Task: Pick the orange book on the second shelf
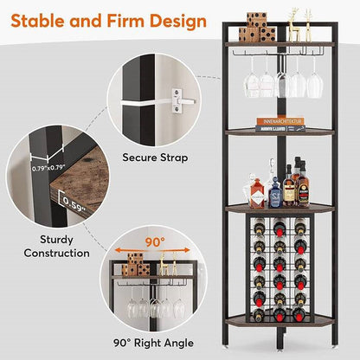coord(280,122)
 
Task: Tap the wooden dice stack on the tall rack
coord(256,29)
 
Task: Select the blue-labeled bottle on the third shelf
coord(274,192)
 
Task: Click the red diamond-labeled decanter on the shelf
coord(257,192)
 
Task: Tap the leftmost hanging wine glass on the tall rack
coord(252,82)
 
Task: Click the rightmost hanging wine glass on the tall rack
coord(310,82)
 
